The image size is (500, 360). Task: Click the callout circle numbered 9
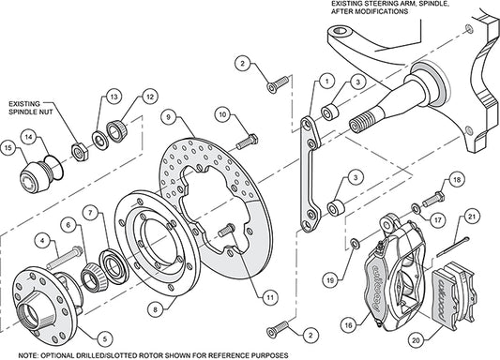[165, 118]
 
